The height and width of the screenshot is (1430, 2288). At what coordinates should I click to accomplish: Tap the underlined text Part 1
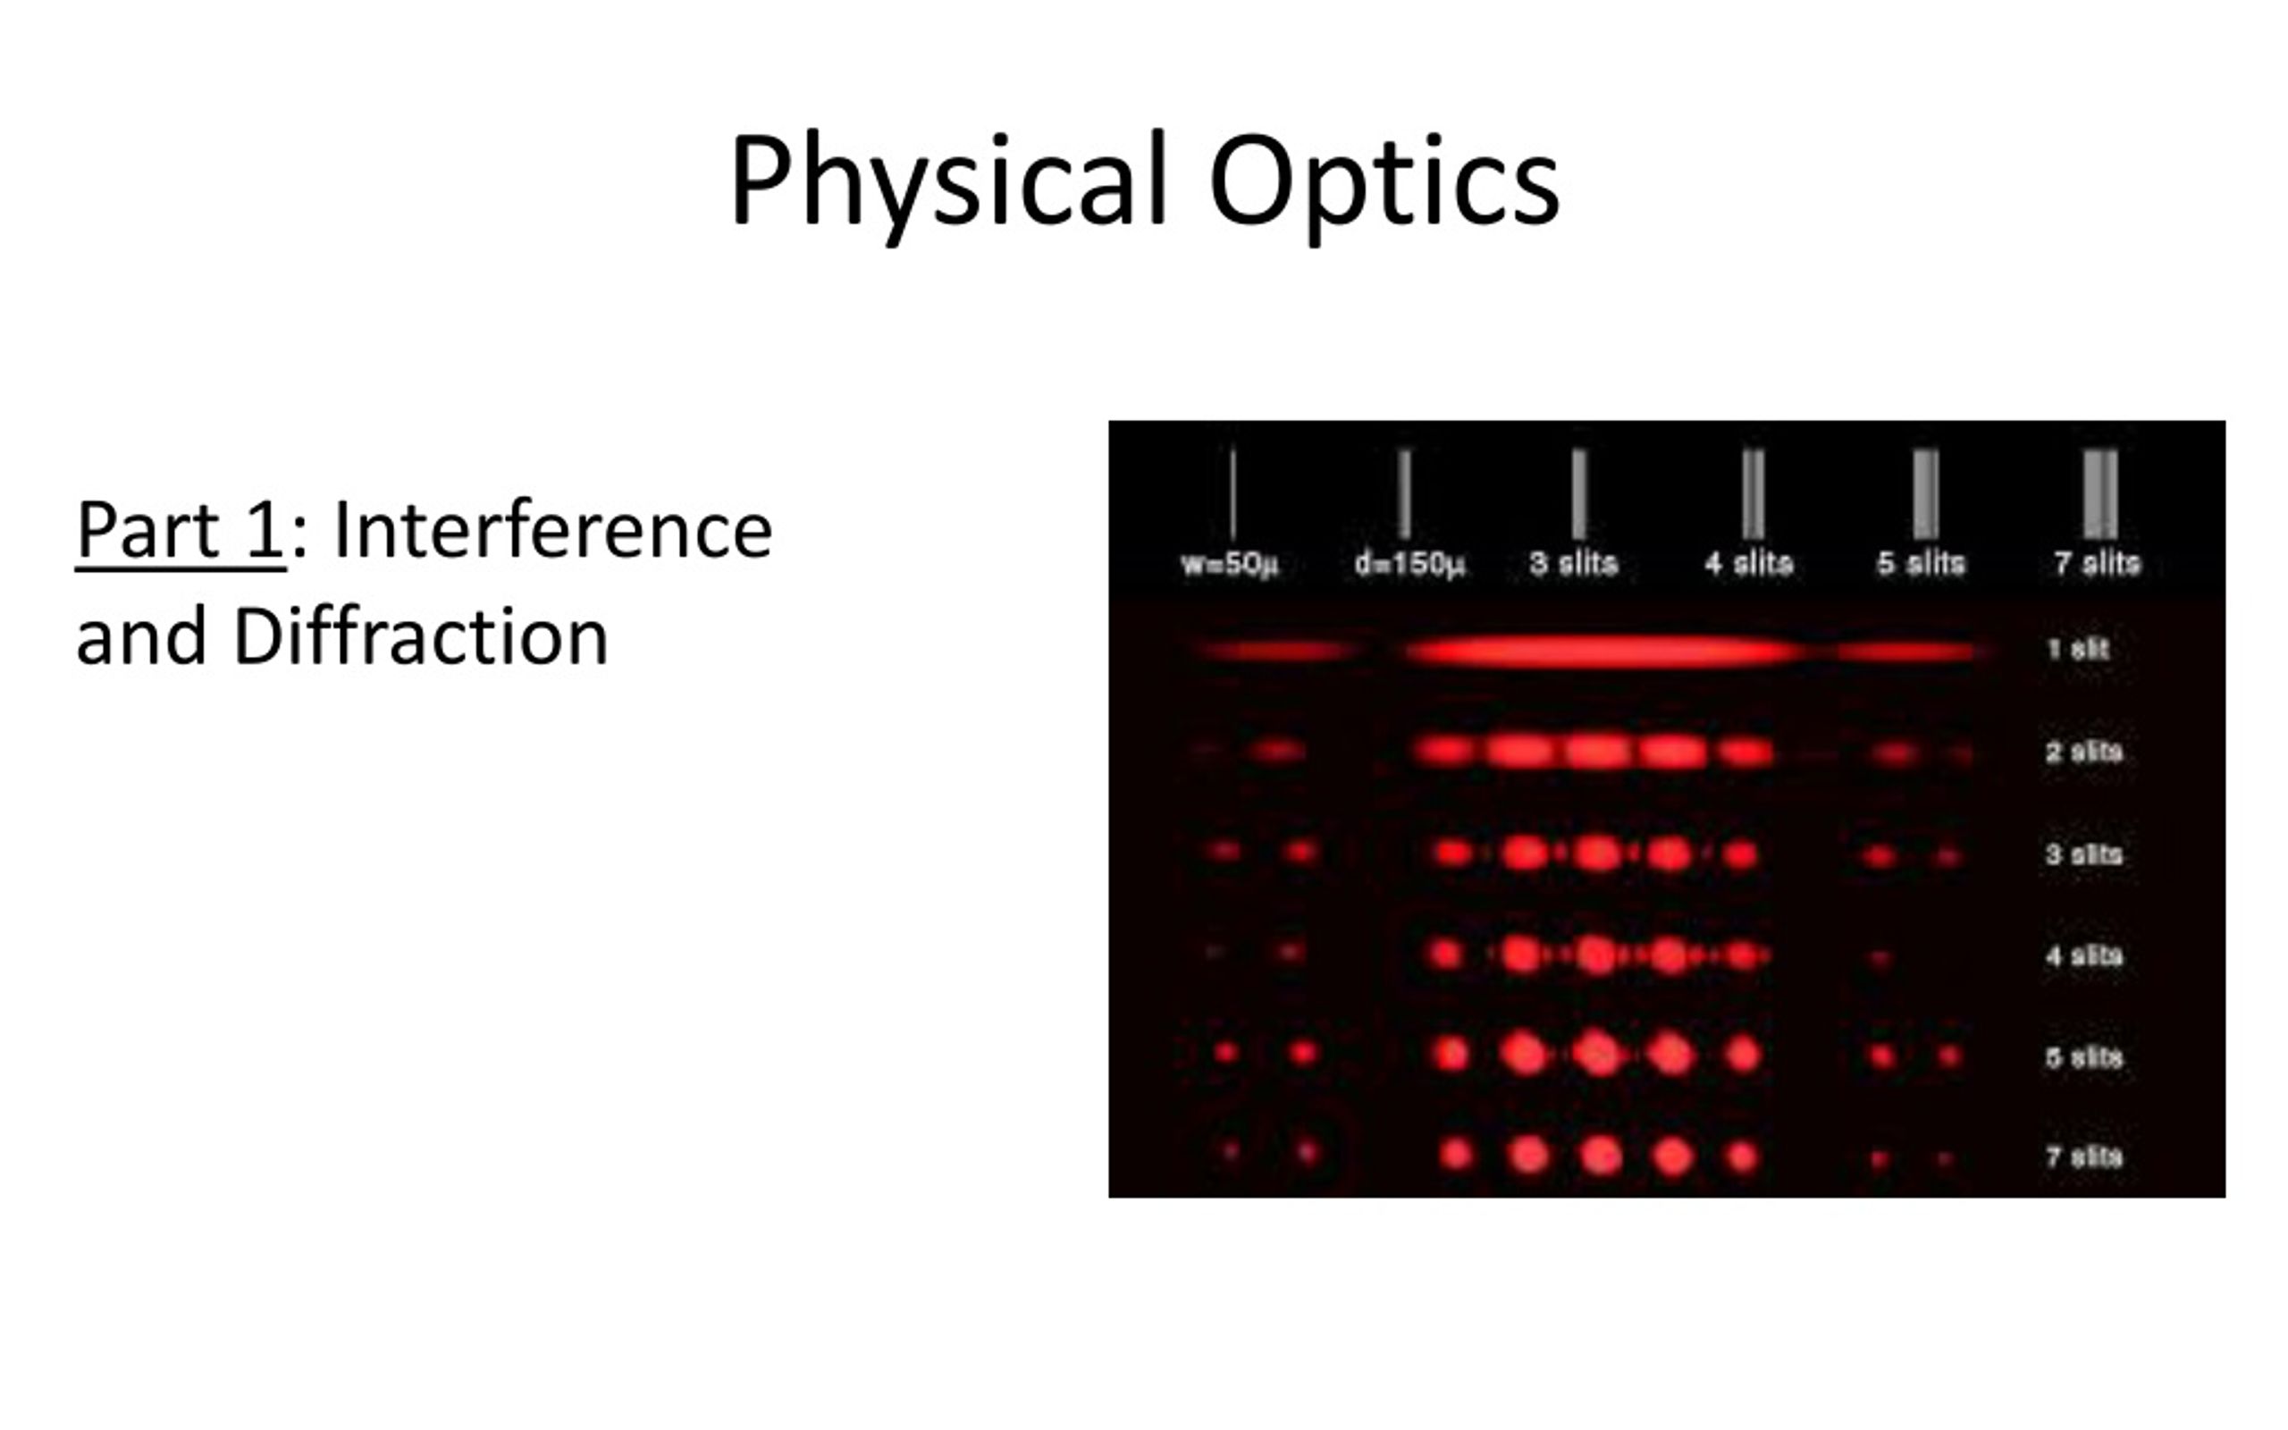(180, 531)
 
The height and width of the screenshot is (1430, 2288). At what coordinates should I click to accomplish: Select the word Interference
(553, 531)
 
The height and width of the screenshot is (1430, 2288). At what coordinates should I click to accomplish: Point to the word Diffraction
(421, 637)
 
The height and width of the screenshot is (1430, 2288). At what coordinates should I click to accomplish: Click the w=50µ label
(1229, 564)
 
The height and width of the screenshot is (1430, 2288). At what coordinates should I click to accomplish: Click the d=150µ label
(1409, 564)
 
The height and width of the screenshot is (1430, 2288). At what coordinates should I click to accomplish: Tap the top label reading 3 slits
(1573, 564)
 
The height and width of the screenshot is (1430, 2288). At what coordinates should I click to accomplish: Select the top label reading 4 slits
(1748, 564)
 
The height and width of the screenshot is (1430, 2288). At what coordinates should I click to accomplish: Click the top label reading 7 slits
(2096, 564)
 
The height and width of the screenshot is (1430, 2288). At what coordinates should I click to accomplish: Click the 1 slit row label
(2077, 650)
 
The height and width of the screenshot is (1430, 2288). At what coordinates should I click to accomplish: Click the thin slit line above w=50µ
(1232, 493)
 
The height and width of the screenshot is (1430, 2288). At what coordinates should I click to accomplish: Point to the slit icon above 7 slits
(2099, 493)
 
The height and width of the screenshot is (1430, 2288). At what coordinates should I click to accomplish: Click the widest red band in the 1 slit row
(1602, 652)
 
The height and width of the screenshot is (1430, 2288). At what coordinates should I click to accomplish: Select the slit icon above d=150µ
(1405, 493)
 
